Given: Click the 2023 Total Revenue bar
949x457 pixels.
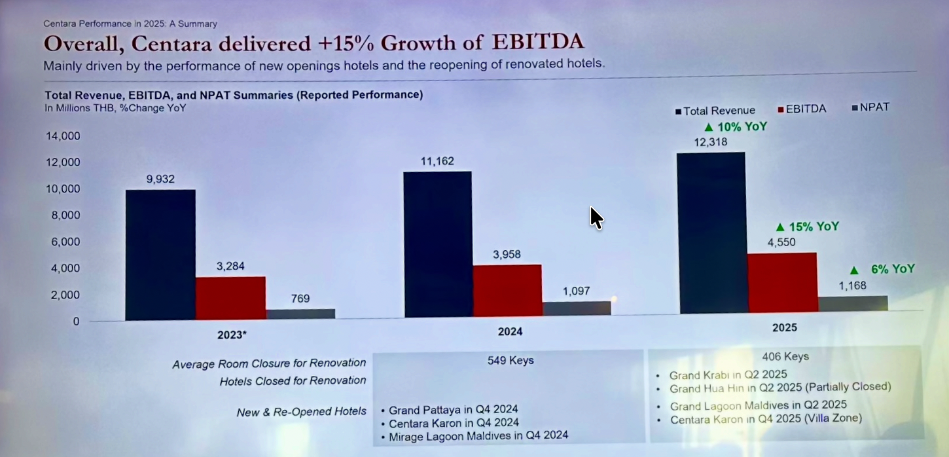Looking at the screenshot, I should [x=160, y=255].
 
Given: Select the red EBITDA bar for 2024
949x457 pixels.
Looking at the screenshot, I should [x=507, y=291].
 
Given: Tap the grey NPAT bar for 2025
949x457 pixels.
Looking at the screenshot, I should [x=853, y=304].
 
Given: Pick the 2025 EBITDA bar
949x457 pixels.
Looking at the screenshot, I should [x=782, y=282].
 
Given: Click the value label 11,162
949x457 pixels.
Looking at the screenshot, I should [x=437, y=161].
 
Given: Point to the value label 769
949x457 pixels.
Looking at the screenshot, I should [x=300, y=299].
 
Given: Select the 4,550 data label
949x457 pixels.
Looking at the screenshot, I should [x=781, y=242].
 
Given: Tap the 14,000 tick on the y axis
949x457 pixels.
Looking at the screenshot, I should [x=63, y=136].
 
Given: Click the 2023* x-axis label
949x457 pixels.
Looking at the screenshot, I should [x=232, y=335].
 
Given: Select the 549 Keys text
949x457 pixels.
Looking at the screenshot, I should [x=510, y=360].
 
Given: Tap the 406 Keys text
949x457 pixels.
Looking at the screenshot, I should [x=785, y=357].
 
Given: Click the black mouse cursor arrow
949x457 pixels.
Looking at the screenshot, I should [x=596, y=217].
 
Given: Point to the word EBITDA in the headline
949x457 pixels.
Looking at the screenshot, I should [x=537, y=43].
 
